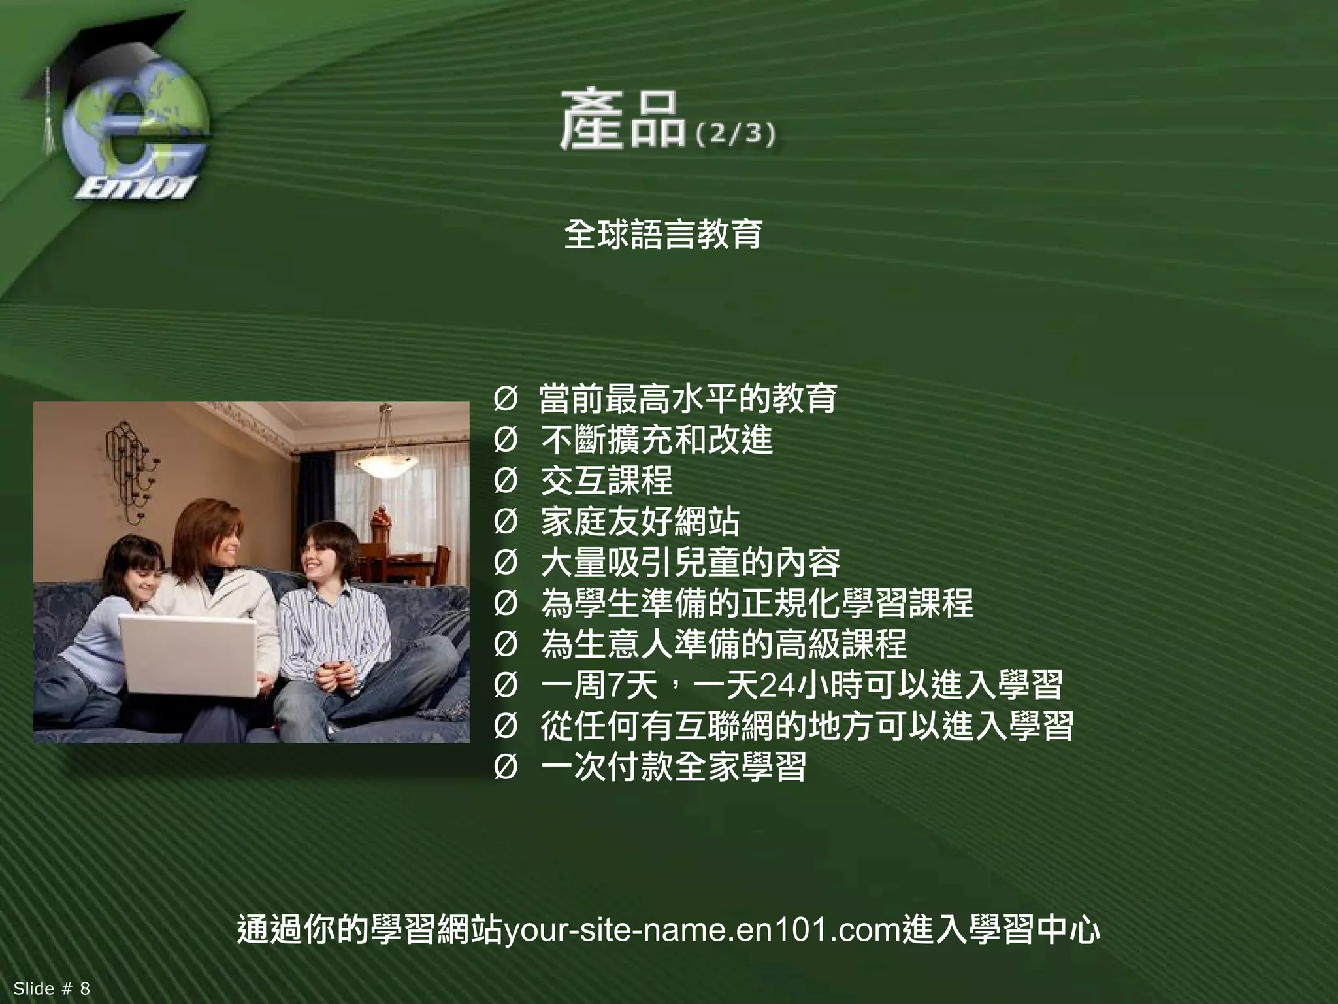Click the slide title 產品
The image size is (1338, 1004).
622,122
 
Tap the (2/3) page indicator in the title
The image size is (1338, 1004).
736,135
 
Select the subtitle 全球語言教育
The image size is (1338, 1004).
662,234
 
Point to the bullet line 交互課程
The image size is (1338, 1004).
606,480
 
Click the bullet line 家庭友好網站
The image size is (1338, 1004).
640,521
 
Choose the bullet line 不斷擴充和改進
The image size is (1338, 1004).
656,439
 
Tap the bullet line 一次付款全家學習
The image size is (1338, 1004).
673,766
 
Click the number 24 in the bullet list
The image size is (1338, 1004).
777,685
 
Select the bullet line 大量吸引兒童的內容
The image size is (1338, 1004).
690,562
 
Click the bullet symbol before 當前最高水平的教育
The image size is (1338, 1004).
505,399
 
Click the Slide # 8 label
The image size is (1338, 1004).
52,988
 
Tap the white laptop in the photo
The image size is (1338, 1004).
189,654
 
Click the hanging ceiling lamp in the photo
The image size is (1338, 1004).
385,461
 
